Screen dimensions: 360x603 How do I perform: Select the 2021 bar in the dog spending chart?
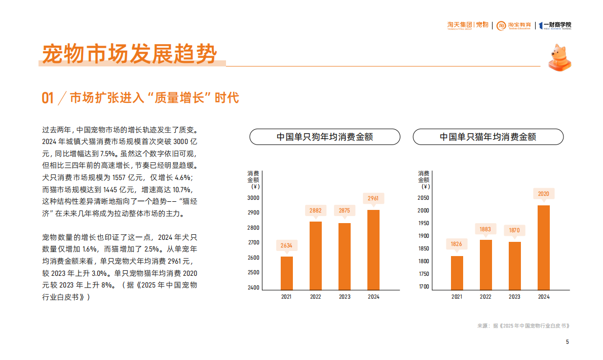click(x=287, y=273)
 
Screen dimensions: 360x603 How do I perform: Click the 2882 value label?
click(x=316, y=209)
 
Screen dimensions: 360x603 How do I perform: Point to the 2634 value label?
click(x=287, y=245)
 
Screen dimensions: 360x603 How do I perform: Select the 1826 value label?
click(x=457, y=244)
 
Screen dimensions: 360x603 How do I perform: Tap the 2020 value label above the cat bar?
click(x=543, y=193)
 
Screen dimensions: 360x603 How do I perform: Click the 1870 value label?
click(x=514, y=230)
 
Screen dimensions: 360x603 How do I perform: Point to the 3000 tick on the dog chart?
click(x=253, y=198)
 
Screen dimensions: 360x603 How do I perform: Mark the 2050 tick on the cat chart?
click(x=424, y=198)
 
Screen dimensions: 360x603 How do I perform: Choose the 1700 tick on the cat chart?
click(x=424, y=286)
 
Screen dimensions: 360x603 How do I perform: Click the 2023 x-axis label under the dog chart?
click(x=345, y=297)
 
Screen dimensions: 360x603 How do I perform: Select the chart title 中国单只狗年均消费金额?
click(x=325, y=137)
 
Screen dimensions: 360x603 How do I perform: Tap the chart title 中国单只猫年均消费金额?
click(x=488, y=137)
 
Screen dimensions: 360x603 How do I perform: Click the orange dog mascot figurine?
click(x=559, y=57)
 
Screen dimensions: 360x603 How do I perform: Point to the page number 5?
click(x=568, y=342)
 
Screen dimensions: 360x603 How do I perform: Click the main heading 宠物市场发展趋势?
click(x=130, y=54)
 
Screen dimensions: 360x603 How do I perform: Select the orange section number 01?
click(x=48, y=98)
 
